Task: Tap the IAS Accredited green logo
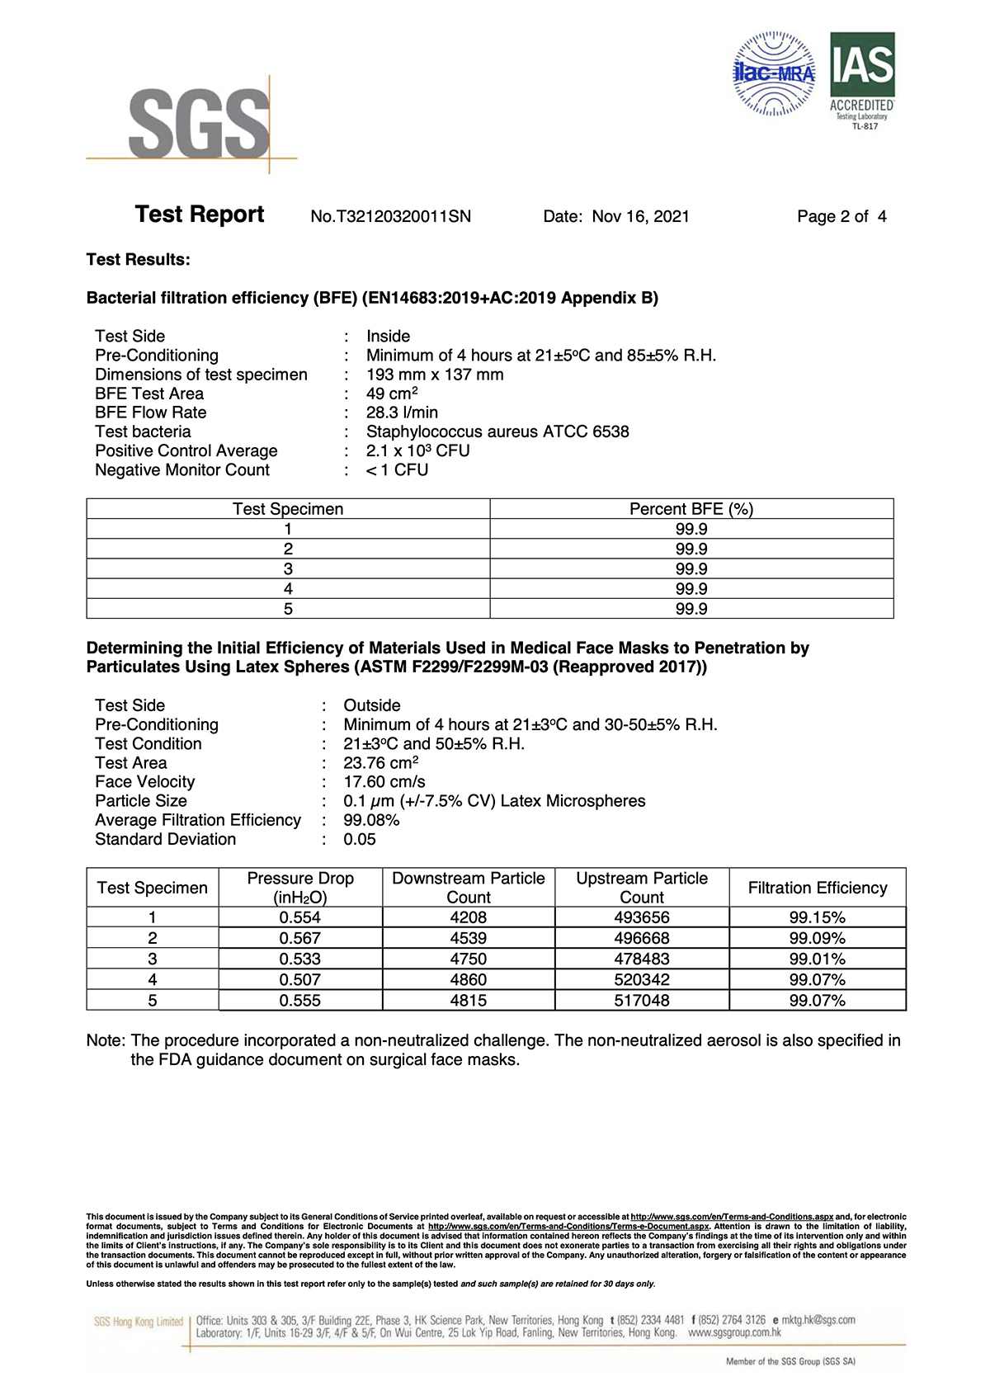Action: [x=862, y=80]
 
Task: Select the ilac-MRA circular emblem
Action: [x=774, y=73]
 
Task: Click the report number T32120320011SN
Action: [x=391, y=216]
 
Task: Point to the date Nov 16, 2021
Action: [x=640, y=216]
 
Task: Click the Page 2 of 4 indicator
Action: [x=841, y=216]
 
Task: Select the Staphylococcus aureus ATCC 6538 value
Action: [x=497, y=431]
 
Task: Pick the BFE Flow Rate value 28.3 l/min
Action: [x=403, y=412]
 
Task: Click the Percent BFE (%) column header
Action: [x=691, y=509]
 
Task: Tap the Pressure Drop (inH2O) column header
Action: [x=300, y=888]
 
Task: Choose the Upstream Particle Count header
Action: [x=642, y=888]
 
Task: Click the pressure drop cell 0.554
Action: [x=300, y=917]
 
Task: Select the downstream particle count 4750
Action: [x=469, y=959]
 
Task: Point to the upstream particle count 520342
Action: [x=642, y=979]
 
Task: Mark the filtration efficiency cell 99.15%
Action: [x=818, y=917]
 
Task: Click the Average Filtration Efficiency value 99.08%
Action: [x=371, y=820]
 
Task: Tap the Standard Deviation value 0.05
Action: [x=360, y=839]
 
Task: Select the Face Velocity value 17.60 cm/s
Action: [x=384, y=781]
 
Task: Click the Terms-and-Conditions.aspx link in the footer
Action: [x=732, y=1217]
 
